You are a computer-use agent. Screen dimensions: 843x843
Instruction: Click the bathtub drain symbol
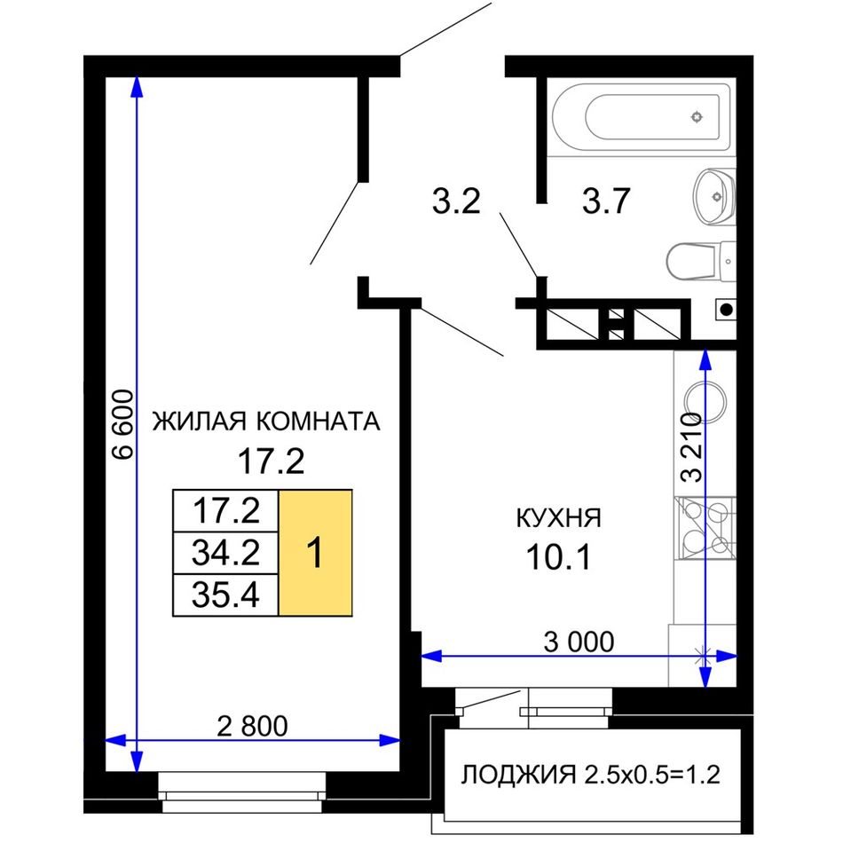pyautogui.click(x=697, y=116)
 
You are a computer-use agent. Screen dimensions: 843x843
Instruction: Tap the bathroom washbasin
pyautogui.click(x=714, y=197)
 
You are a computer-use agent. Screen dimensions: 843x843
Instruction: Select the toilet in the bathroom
pyautogui.click(x=700, y=261)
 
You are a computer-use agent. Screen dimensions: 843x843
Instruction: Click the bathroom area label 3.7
pyautogui.click(x=606, y=201)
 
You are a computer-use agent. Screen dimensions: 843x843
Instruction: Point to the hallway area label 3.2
pyautogui.click(x=456, y=201)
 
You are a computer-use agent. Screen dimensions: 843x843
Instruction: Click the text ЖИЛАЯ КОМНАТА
pyautogui.click(x=267, y=421)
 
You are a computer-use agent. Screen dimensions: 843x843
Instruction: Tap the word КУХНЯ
pyautogui.click(x=558, y=518)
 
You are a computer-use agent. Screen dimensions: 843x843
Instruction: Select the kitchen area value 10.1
pyautogui.click(x=558, y=556)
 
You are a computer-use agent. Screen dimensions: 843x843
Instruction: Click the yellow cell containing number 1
pyautogui.click(x=316, y=552)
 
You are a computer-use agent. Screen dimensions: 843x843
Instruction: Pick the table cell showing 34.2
pyautogui.click(x=225, y=553)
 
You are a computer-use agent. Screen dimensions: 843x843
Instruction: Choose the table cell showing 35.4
pyautogui.click(x=225, y=595)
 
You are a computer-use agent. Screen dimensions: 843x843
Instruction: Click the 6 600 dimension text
pyautogui.click(x=123, y=424)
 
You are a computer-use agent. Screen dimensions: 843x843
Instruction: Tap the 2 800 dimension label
pyautogui.click(x=252, y=726)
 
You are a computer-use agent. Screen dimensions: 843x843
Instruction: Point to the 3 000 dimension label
pyautogui.click(x=579, y=642)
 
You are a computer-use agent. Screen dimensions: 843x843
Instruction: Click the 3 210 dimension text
pyautogui.click(x=691, y=447)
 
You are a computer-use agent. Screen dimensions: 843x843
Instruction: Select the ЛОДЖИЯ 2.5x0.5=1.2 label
pyautogui.click(x=591, y=775)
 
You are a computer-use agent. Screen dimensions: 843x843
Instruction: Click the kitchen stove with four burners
pyautogui.click(x=705, y=529)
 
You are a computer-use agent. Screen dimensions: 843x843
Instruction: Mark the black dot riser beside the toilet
pyautogui.click(x=726, y=309)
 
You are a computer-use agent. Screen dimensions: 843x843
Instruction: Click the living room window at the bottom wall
pyautogui.click(x=242, y=792)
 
